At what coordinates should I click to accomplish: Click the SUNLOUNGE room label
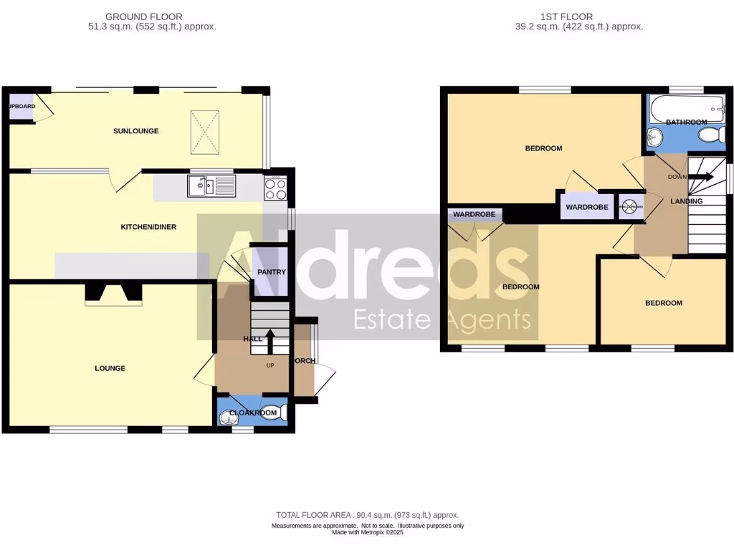coord(135,131)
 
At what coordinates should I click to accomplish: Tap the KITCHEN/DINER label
coord(148,227)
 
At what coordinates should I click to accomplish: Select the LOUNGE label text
coord(110,368)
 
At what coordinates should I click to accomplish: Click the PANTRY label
coord(272,272)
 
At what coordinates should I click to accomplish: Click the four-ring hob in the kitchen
coord(275,188)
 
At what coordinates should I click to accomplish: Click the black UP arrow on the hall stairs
coord(270,341)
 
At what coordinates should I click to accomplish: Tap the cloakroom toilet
coord(277,413)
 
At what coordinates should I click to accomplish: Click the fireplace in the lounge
coord(113,293)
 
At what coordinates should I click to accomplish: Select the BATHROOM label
coord(686,122)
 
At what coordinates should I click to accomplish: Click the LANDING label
coord(686,201)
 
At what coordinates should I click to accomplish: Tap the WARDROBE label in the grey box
coord(587,208)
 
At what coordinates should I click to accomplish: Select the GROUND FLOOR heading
coord(143,16)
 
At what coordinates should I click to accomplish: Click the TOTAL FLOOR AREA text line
coord(367,515)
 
